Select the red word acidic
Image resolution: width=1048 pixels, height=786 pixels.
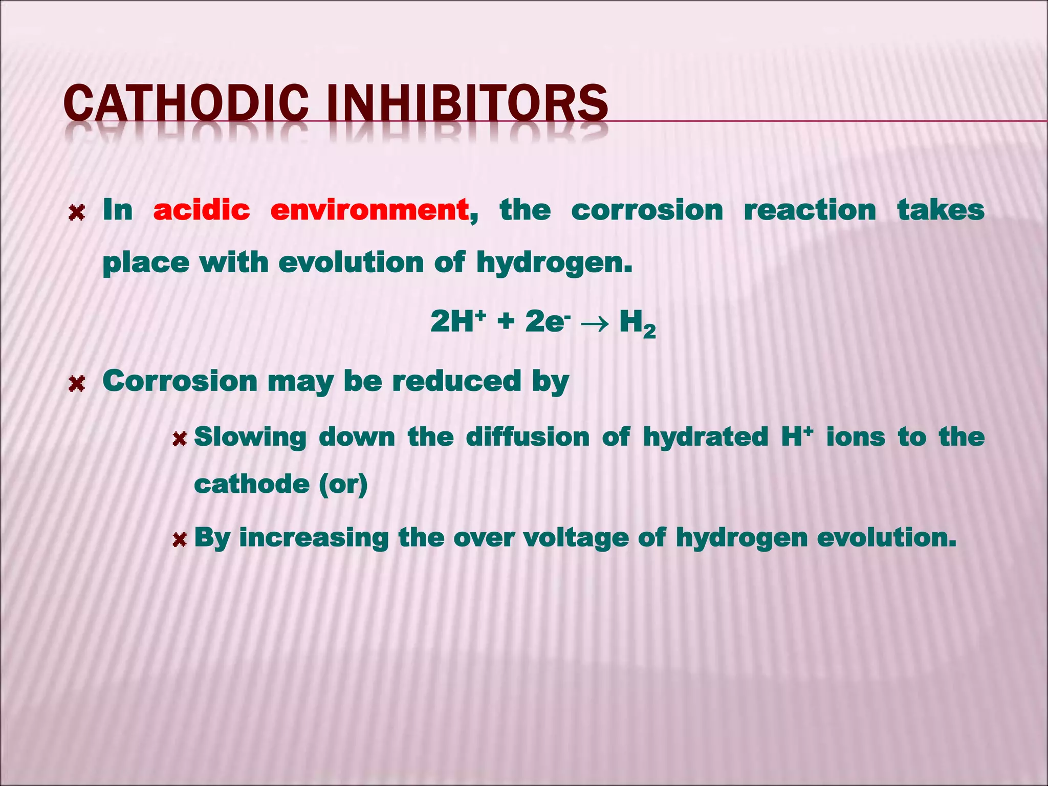coord(202,210)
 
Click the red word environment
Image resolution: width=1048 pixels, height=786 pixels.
coord(369,210)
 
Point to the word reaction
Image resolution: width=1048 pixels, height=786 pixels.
coord(810,210)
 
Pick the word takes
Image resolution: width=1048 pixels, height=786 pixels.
coord(941,210)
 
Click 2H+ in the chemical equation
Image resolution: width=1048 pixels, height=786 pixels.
coord(457,321)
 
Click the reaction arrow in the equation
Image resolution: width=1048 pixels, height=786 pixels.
coord(595,322)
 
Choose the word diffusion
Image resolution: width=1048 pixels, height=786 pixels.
coord(528,437)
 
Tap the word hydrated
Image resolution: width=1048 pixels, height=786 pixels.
coord(706,437)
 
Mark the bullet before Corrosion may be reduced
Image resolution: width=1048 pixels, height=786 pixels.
coord(77,383)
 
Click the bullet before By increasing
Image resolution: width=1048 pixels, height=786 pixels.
coord(179,539)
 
